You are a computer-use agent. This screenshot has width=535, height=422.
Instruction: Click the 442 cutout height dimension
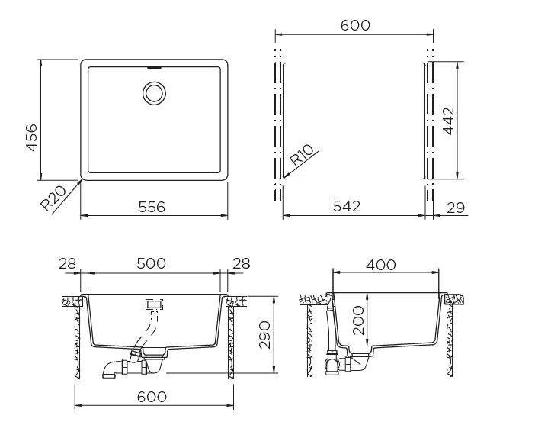click(449, 121)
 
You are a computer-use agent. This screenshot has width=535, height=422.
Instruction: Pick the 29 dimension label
click(457, 207)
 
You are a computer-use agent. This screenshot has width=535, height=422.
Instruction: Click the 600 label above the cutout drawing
click(355, 25)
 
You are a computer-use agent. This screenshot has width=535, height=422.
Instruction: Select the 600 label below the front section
click(152, 397)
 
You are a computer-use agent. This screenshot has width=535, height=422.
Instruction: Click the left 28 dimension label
click(69, 263)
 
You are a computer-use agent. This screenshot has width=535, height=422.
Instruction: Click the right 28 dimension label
click(241, 263)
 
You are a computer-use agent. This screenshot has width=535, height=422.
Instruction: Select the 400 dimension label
click(380, 265)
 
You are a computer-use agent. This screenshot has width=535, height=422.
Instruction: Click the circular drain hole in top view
click(154, 94)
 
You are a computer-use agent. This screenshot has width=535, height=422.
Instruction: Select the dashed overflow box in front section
click(153, 304)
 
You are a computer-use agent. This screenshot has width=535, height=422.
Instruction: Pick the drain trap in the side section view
click(333, 362)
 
